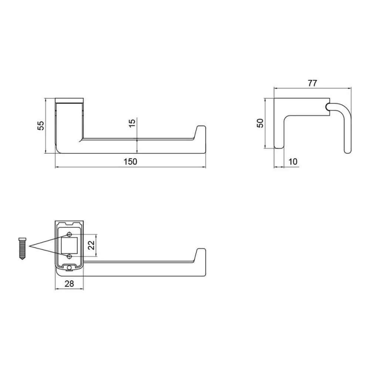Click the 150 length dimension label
(x=130, y=162)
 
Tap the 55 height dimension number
(x=41, y=125)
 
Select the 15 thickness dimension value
(x=132, y=123)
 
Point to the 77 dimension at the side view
(x=312, y=83)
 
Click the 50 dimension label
(x=260, y=123)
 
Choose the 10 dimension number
(x=293, y=162)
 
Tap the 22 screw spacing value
(x=91, y=245)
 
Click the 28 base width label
(x=69, y=284)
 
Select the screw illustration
(x=23, y=249)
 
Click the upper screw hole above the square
(x=69, y=234)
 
